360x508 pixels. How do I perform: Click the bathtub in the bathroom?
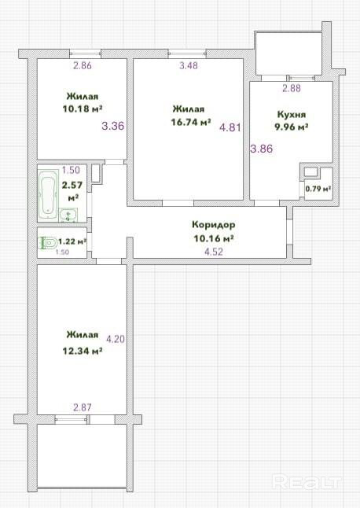pos(48,195)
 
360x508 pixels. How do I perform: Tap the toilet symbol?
pos(47,243)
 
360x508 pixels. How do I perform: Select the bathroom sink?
pos(68,215)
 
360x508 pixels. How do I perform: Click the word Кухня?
pos(292,115)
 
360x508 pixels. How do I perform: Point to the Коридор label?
pos(214,224)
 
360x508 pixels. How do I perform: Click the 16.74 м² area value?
pos(191,123)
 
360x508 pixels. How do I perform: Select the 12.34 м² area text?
pos(83,352)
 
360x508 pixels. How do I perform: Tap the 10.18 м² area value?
pos(83,109)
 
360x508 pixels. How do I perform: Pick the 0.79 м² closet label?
pos(318,189)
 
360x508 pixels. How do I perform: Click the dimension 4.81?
pos(230,127)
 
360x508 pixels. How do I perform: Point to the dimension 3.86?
pos(262,149)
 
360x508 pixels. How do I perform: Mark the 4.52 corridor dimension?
pos(214,252)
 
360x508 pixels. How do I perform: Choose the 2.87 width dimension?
pos(83,407)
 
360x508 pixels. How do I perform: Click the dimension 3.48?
pos(189,65)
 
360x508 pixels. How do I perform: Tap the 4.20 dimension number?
pos(116,339)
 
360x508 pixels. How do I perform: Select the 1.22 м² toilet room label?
pos(72,241)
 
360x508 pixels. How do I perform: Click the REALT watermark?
pos(307,482)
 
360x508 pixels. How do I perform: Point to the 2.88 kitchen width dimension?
pos(292,88)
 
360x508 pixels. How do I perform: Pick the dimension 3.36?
pos(113,126)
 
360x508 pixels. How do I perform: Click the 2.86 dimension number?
pos(83,65)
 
